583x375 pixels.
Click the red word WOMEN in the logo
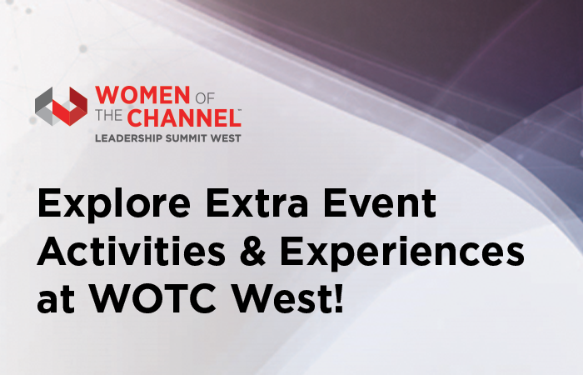[142, 95]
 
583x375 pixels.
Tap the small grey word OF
[205, 98]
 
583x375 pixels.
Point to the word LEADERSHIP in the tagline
[128, 138]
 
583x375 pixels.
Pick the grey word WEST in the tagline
[226, 138]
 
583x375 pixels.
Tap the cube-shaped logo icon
[62, 107]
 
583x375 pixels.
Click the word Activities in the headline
[131, 250]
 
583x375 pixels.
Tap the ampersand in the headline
[253, 251]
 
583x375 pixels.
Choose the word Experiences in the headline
[402, 252]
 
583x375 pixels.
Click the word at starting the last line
[56, 300]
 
